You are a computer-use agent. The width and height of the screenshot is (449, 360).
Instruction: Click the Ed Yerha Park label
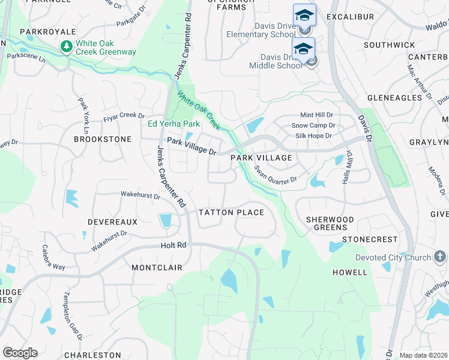pos(173,124)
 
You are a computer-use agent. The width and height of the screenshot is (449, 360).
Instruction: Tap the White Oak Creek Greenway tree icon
pos(65,47)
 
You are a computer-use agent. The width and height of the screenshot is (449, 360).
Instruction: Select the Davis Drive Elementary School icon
pos(304,16)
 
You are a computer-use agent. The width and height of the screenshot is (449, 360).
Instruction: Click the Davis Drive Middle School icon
pos(304,49)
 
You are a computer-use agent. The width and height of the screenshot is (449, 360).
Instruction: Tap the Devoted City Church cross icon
pos(441,257)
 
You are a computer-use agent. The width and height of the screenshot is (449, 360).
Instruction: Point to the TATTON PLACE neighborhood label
pos(231,212)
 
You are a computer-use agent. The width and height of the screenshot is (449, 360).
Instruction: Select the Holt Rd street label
pos(173,245)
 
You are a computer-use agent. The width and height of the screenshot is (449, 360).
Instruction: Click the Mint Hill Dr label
pos(317,115)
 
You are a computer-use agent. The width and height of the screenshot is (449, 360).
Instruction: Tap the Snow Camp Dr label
pos(313,125)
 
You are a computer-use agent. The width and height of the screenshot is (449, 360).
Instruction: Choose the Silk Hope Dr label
pos(313,136)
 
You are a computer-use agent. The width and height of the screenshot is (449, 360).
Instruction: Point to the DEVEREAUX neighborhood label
pos(112,222)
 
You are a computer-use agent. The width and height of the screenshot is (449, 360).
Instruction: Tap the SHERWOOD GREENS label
pos(330,223)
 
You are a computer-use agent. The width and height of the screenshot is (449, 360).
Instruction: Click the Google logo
pos(20,353)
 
